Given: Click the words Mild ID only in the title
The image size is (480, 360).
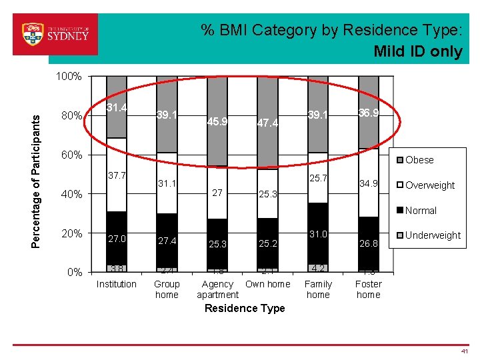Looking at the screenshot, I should pyautogui.click(x=418, y=51).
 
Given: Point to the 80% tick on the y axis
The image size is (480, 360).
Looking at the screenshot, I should pyautogui.click(x=71, y=117).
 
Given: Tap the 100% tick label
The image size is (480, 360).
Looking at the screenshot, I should pyautogui.click(x=69, y=77).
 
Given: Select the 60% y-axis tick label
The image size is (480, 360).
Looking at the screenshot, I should pyautogui.click(x=71, y=155).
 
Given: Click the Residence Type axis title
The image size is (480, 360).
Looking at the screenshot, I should pyautogui.click(x=245, y=308).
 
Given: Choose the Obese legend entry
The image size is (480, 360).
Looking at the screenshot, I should pyautogui.click(x=419, y=160).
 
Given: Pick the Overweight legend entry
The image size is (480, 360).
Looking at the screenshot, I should pyautogui.click(x=429, y=185).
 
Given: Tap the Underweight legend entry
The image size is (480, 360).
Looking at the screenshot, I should pyautogui.click(x=433, y=235).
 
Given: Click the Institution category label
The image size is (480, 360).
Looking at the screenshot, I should pyautogui.click(x=117, y=284).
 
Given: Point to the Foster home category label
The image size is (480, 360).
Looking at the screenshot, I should pyautogui.click(x=369, y=289).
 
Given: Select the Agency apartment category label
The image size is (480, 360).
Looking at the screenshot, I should pyautogui.click(x=217, y=289).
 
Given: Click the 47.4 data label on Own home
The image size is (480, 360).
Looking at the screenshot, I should pyautogui.click(x=268, y=123).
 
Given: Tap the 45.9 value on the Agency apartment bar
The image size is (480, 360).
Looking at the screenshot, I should pyautogui.click(x=217, y=122).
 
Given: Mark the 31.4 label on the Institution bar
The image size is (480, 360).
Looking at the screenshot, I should pyautogui.click(x=117, y=107).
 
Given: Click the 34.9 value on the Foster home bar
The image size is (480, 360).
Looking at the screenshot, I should pyautogui.click(x=369, y=183).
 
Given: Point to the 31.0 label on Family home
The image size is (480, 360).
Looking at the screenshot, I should pyautogui.click(x=318, y=235).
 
